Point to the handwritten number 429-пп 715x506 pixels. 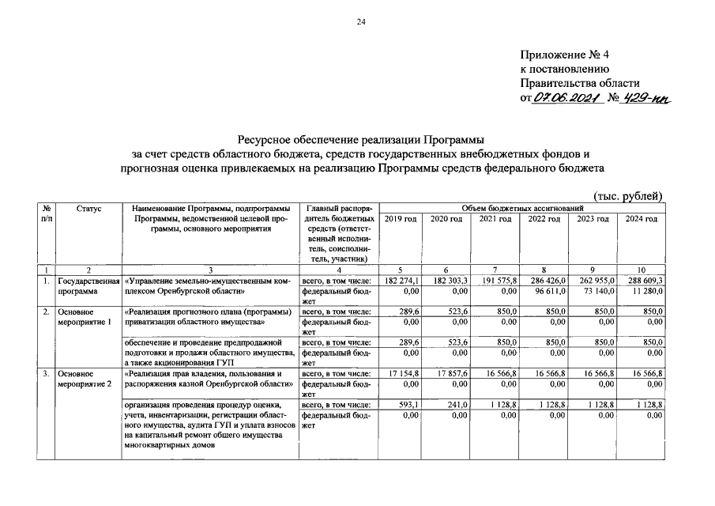(653, 97)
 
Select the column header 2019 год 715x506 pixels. (401, 218)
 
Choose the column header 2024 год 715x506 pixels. (641, 218)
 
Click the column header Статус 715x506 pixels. (88, 208)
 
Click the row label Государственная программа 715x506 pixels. (88, 285)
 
